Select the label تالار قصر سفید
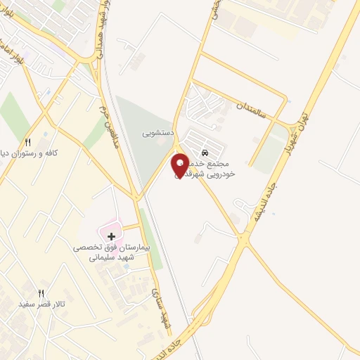coord(42,304)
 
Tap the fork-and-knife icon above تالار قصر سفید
coord(41,293)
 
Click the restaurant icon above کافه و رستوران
coord(28,142)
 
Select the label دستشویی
coord(157,132)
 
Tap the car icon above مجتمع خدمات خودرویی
coord(205,152)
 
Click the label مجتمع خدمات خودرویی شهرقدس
coord(211,168)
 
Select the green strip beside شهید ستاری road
coord(151,239)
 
